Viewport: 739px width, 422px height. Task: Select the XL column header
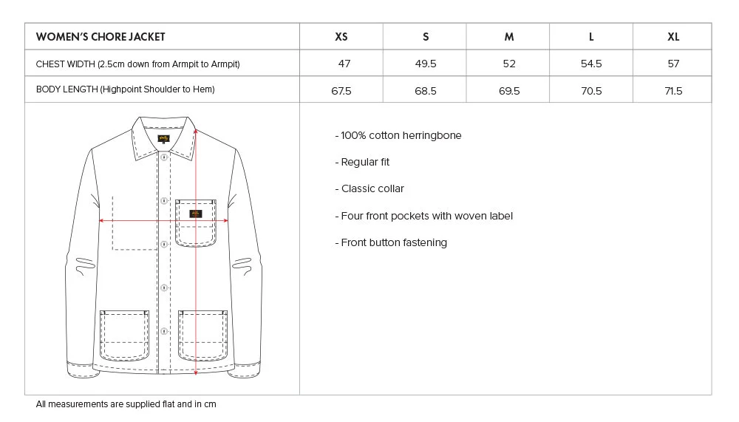[673, 37]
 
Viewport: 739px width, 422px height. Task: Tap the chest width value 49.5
[426, 64]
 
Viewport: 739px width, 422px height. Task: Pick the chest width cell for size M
[509, 64]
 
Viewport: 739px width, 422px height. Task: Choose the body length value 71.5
[673, 91]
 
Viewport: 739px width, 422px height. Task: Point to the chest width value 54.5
[591, 64]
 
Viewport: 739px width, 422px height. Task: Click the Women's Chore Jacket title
[101, 37]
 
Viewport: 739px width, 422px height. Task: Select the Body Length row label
[125, 90]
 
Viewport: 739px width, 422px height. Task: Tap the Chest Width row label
[137, 64]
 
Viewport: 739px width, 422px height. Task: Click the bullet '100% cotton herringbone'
[399, 135]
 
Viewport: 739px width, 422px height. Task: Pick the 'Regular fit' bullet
[363, 162]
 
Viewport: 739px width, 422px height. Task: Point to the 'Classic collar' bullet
[370, 188]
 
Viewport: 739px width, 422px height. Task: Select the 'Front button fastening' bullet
[392, 242]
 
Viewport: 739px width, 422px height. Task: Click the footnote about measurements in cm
[126, 404]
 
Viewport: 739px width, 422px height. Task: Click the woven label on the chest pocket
[195, 214]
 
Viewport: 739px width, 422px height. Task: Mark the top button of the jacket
[165, 157]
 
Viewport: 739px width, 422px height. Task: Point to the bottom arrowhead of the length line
[195, 372]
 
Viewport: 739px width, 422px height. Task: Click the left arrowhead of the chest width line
[102, 220]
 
